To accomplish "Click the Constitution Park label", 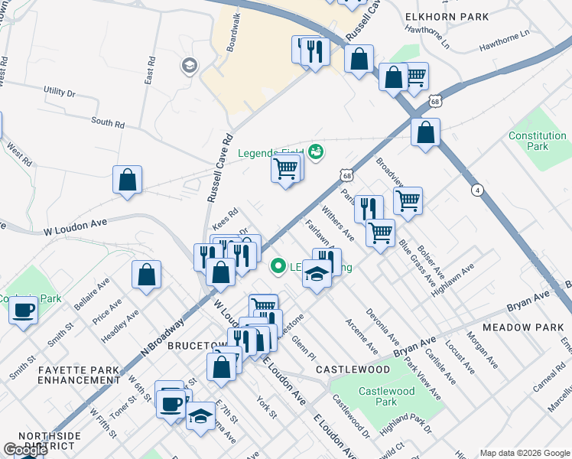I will point(538,141).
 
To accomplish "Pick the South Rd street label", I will point(107,122).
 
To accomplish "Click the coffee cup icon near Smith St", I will point(23,310).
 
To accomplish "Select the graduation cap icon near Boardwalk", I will point(188,67).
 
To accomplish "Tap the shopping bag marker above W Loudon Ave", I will point(128,181).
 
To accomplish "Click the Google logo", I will point(24,450).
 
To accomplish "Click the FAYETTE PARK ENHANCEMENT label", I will point(79,374).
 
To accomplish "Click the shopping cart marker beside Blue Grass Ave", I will point(380,232).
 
